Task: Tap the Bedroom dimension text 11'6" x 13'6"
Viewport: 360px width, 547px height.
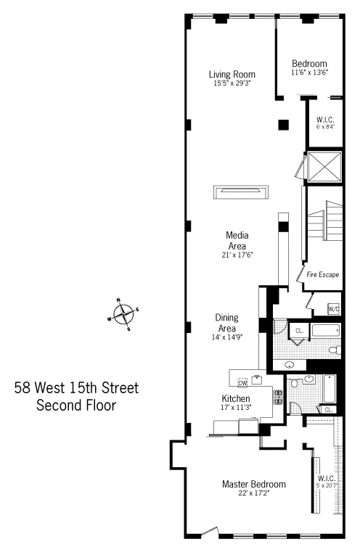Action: pyautogui.click(x=309, y=73)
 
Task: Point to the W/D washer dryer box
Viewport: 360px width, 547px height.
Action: pyautogui.click(x=333, y=309)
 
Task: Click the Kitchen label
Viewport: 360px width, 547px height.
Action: pyautogui.click(x=236, y=399)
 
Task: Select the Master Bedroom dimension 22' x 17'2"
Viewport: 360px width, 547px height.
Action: pyautogui.click(x=253, y=494)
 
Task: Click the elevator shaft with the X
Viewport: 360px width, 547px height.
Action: pyautogui.click(x=324, y=167)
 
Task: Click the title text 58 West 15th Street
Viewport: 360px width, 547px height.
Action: pyautogui.click(x=76, y=388)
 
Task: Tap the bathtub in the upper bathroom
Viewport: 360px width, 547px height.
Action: pyautogui.click(x=324, y=332)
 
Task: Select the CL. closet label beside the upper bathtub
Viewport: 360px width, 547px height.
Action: pyautogui.click(x=298, y=332)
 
